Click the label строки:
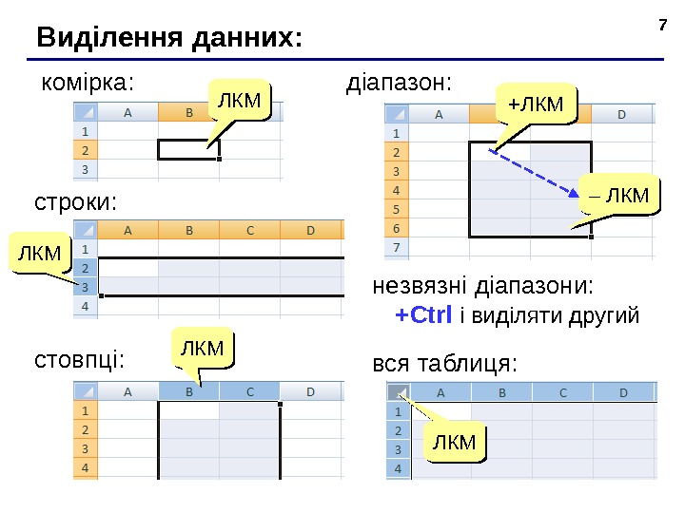76,202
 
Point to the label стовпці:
79,361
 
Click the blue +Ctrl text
423,314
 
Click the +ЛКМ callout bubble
536,102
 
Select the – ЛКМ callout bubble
617,196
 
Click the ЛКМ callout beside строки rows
39,252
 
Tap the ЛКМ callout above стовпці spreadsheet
202,348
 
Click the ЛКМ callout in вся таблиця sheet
454,442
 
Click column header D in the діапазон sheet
622,115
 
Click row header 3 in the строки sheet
86,286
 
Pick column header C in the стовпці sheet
250,390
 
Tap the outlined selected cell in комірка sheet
188,149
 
